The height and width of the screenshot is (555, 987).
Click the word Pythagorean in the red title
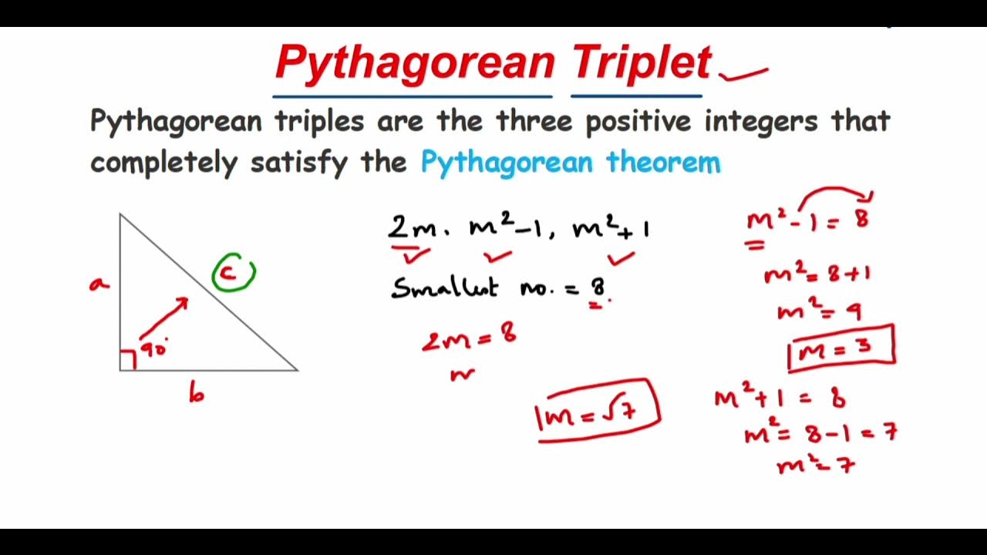coord(415,63)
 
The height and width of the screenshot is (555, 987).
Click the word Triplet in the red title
coord(642,62)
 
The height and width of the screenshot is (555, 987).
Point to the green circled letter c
coord(232,273)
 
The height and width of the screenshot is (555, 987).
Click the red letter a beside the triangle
coord(99,284)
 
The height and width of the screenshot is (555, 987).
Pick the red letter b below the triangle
coord(197,394)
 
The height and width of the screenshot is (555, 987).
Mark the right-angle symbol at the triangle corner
coord(128,360)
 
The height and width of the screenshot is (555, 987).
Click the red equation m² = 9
coord(819,311)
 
